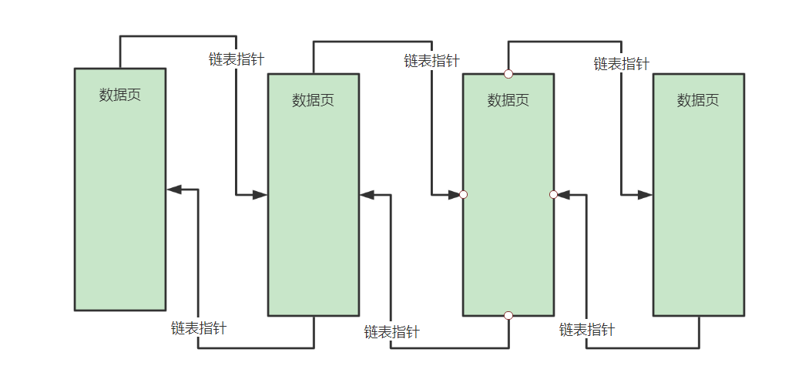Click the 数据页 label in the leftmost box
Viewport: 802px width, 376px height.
[x=120, y=95]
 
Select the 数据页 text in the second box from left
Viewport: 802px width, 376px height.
[x=314, y=100]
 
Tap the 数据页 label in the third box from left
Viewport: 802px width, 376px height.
[x=508, y=100]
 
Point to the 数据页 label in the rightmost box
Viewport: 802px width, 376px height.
[x=698, y=100]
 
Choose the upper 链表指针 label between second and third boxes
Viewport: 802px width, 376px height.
[x=431, y=61]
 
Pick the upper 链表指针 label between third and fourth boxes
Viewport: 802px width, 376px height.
[x=621, y=64]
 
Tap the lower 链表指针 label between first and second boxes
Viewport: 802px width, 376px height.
[x=199, y=327]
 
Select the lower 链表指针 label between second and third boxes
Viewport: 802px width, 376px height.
[x=392, y=332]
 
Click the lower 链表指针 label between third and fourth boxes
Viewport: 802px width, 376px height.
[x=587, y=330]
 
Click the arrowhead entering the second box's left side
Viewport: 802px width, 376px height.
[x=260, y=196]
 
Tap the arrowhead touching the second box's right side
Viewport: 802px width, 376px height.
[x=367, y=196]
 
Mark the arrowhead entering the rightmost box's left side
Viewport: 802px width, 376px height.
[x=645, y=196]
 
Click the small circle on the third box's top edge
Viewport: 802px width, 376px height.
[x=508, y=74]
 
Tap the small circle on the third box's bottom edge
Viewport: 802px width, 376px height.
[x=508, y=315]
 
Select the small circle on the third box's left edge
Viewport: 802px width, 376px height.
[x=463, y=195]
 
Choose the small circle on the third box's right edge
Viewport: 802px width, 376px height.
[x=553, y=195]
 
